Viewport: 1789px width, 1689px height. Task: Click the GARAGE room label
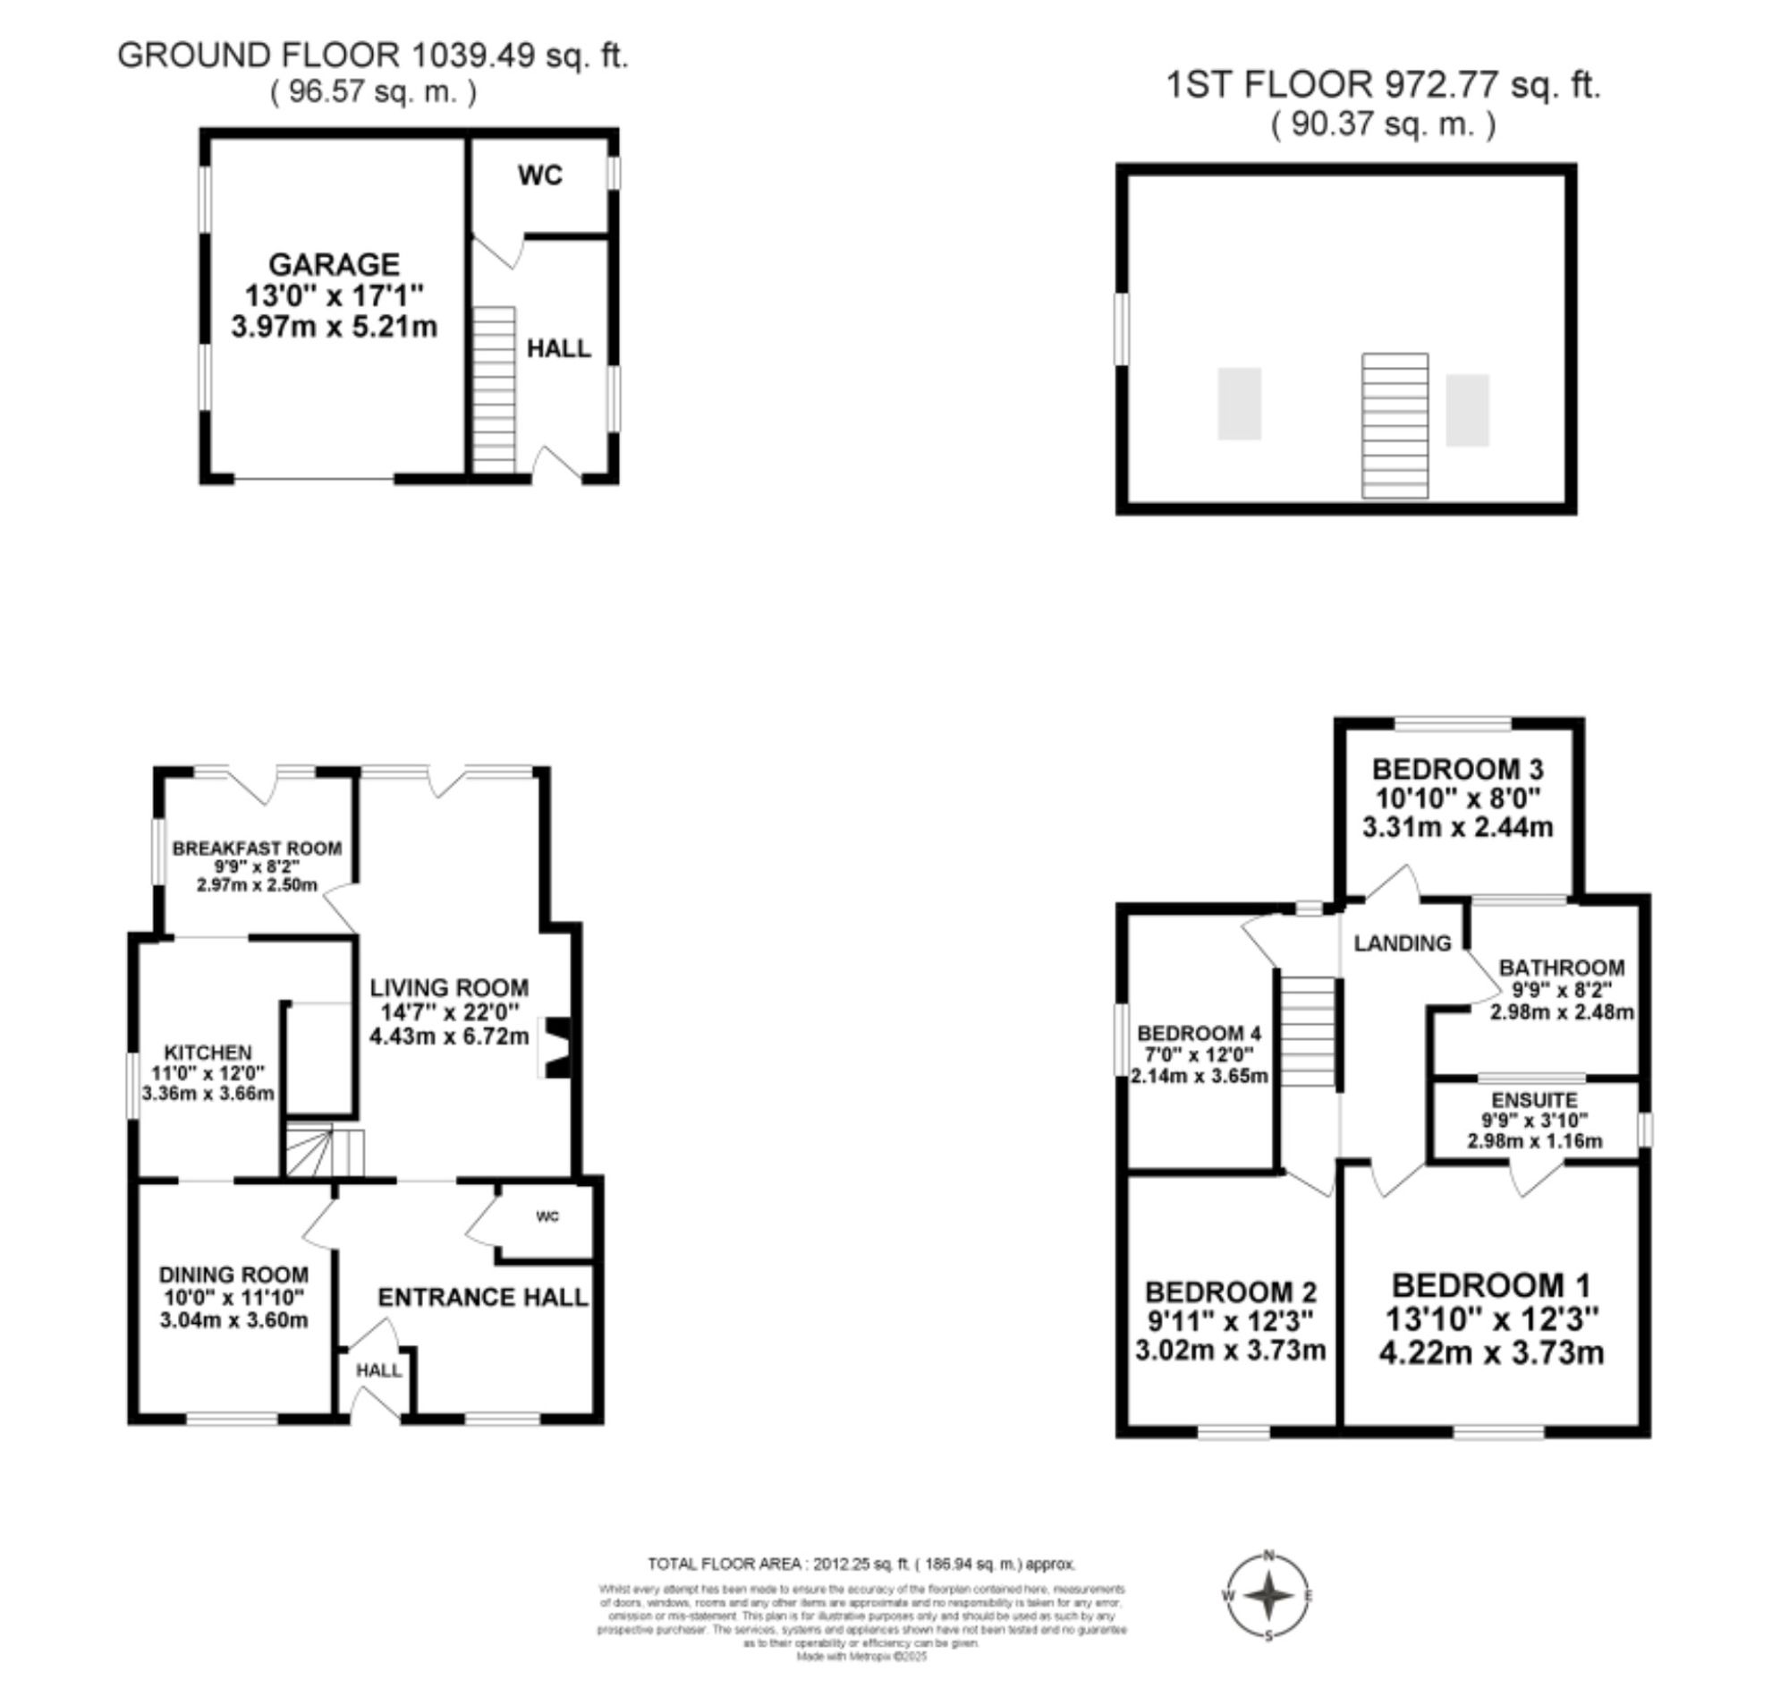click(x=334, y=264)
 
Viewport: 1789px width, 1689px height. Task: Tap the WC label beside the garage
click(x=540, y=175)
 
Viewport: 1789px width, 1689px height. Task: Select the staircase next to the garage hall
click(x=494, y=389)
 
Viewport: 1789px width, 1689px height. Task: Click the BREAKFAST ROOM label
click(x=257, y=849)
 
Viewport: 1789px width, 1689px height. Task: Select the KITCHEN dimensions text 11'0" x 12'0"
click(x=208, y=1073)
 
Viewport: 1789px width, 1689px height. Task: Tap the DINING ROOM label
click(x=234, y=1275)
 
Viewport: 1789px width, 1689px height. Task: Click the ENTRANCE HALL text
click(x=482, y=1297)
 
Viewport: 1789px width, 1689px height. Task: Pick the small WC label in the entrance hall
click(x=547, y=1217)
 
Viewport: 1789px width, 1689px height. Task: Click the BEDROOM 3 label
click(x=1457, y=769)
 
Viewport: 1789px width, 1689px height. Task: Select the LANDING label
click(x=1402, y=943)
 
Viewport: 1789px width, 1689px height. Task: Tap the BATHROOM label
click(x=1561, y=968)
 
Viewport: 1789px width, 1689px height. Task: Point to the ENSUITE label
click(x=1534, y=1100)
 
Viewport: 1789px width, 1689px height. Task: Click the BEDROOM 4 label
click(x=1199, y=1033)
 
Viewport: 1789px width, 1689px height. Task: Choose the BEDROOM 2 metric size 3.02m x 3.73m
click(x=1230, y=1351)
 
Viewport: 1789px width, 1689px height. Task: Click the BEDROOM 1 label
click(x=1491, y=1284)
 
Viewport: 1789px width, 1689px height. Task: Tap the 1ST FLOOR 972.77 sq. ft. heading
click(x=1383, y=86)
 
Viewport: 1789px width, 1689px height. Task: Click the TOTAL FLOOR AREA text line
click(x=861, y=1564)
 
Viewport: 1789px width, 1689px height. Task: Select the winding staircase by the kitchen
click(x=325, y=1149)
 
